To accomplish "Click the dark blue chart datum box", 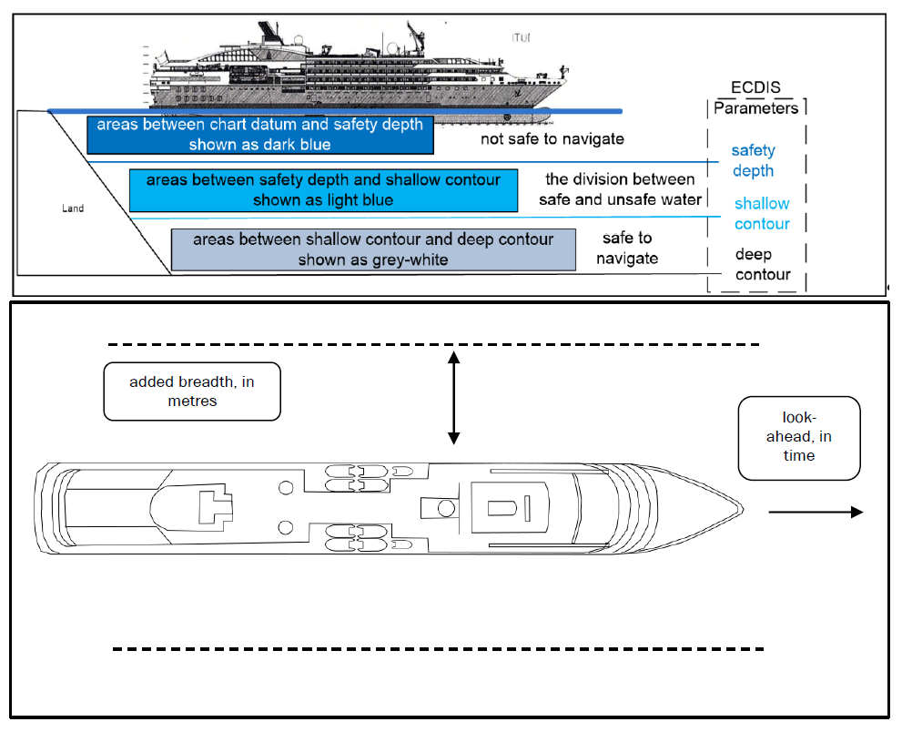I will pyautogui.click(x=259, y=135).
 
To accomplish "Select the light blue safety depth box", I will pyautogui.click(x=323, y=189).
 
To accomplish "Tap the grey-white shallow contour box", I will pyautogui.click(x=373, y=249).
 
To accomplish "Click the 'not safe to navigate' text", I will pyautogui.click(x=552, y=139).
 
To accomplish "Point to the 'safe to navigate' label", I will pyautogui.click(x=627, y=248).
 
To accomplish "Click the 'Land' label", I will pyautogui.click(x=73, y=208).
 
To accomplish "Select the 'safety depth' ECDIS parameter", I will pyautogui.click(x=753, y=160).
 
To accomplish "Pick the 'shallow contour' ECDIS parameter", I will pyautogui.click(x=762, y=213).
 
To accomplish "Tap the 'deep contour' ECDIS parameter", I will pyautogui.click(x=762, y=264).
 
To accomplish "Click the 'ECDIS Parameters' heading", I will pyautogui.click(x=755, y=98).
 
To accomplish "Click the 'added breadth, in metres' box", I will pyautogui.click(x=192, y=391).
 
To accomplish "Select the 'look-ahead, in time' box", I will pyautogui.click(x=798, y=438).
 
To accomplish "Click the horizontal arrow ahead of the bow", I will pyautogui.click(x=815, y=513).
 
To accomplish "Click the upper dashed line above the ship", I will pyautogui.click(x=433, y=344).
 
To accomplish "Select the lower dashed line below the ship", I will pyautogui.click(x=437, y=649).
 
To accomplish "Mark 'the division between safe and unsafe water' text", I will pyautogui.click(x=620, y=189).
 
